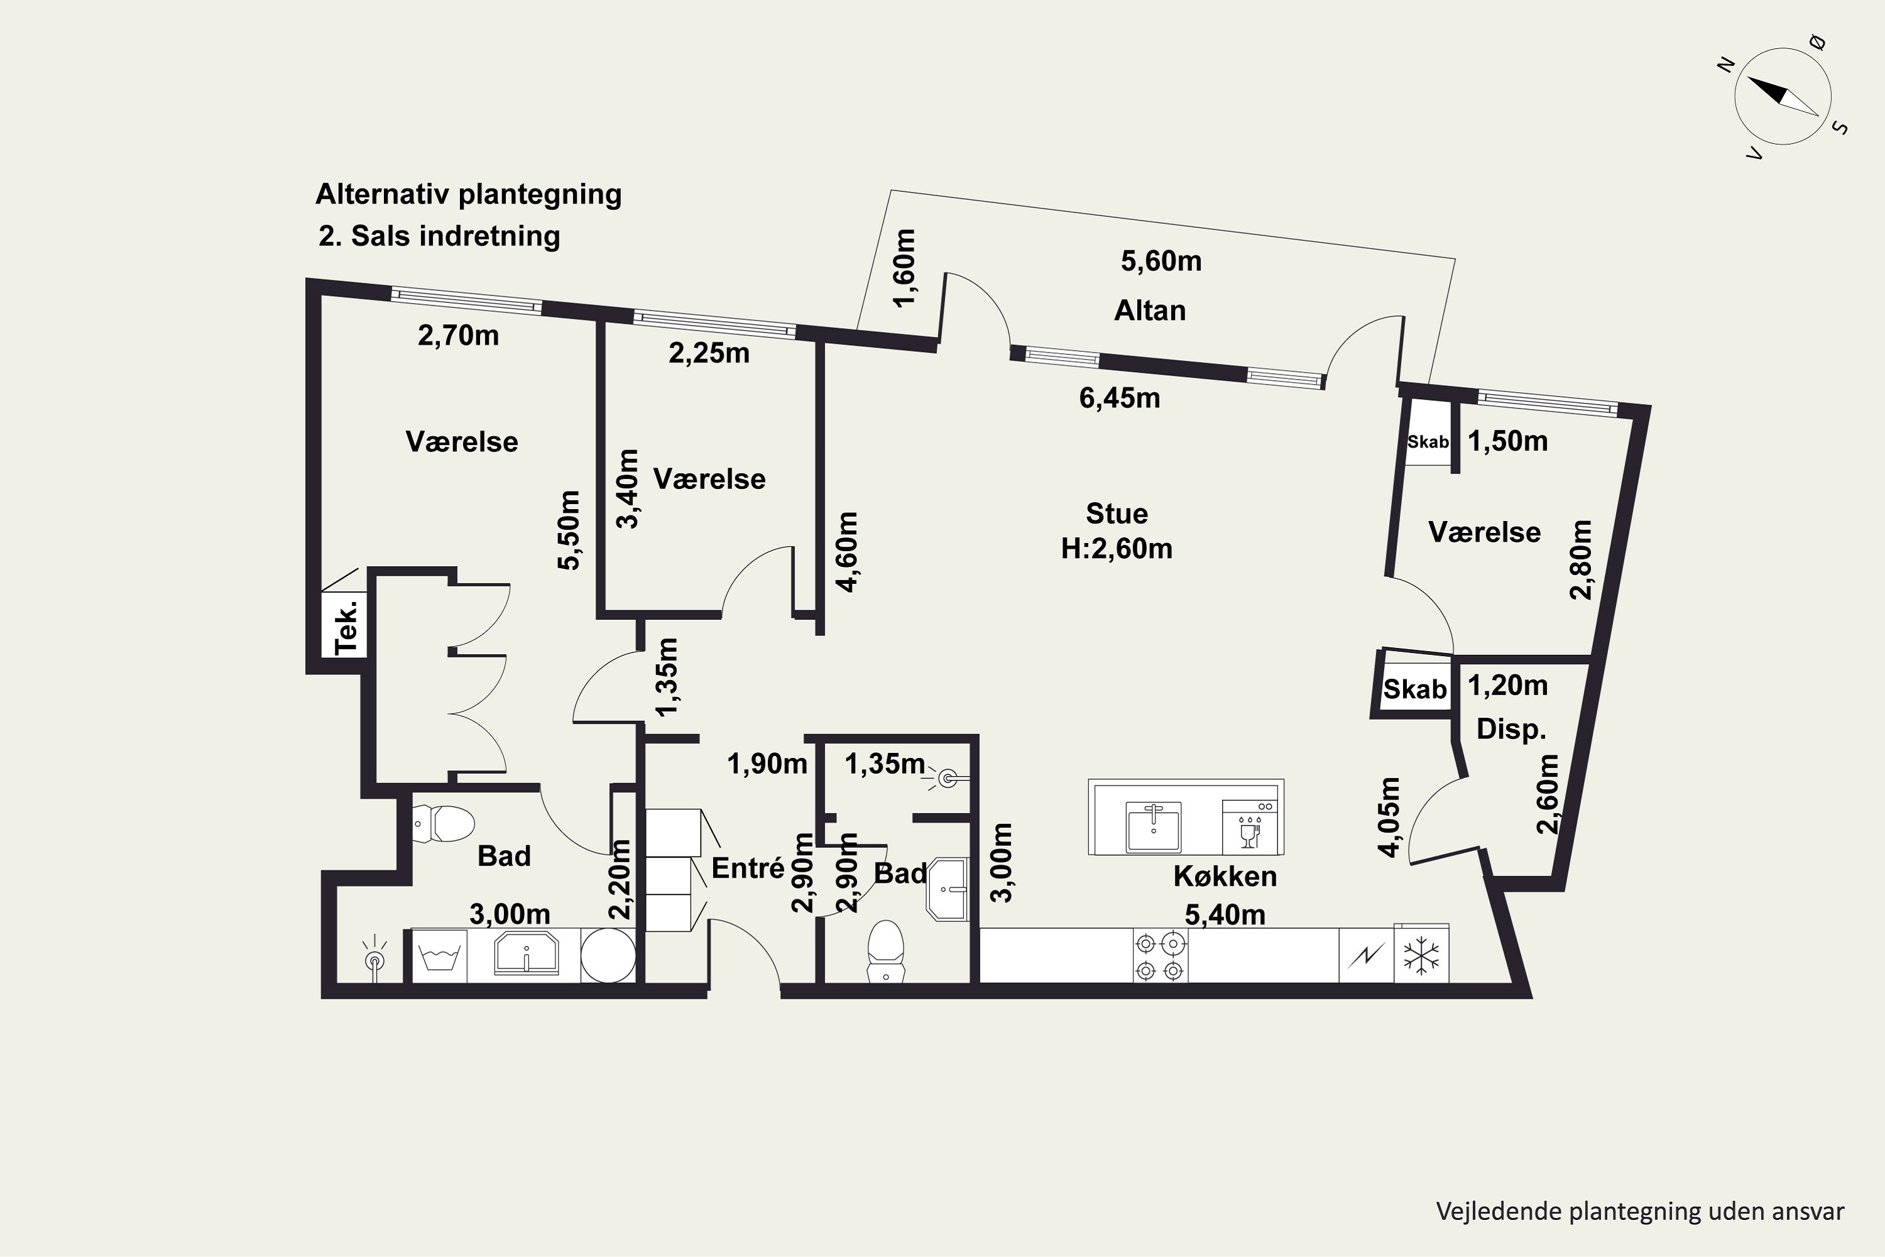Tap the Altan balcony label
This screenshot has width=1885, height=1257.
coord(1150,310)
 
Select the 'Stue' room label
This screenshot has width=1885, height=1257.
coord(1117,513)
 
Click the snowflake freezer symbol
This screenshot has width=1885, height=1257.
coord(1421,955)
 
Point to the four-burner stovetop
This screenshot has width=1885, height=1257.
coord(1160,955)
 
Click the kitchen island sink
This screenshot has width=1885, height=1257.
coord(1153,826)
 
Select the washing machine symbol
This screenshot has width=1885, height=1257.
coord(439,955)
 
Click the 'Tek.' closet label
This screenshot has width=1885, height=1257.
coord(346,626)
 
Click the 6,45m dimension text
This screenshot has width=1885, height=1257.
coord(1120,398)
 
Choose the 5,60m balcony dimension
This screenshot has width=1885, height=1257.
coord(1161,261)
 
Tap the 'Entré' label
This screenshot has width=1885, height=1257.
coord(748,867)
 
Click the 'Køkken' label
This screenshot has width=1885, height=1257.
coord(1225,876)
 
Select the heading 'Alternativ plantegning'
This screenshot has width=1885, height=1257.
coord(469,195)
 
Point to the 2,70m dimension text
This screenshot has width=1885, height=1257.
coord(459,335)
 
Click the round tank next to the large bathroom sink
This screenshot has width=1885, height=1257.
coord(608,955)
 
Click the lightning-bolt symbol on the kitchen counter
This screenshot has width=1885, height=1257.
coord(1367,955)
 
